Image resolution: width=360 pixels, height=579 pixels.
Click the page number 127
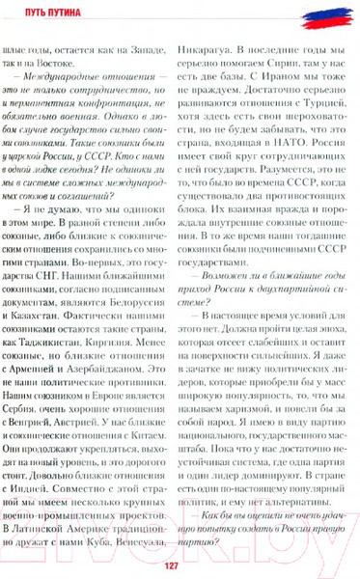pyautogui.click(x=180, y=565)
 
